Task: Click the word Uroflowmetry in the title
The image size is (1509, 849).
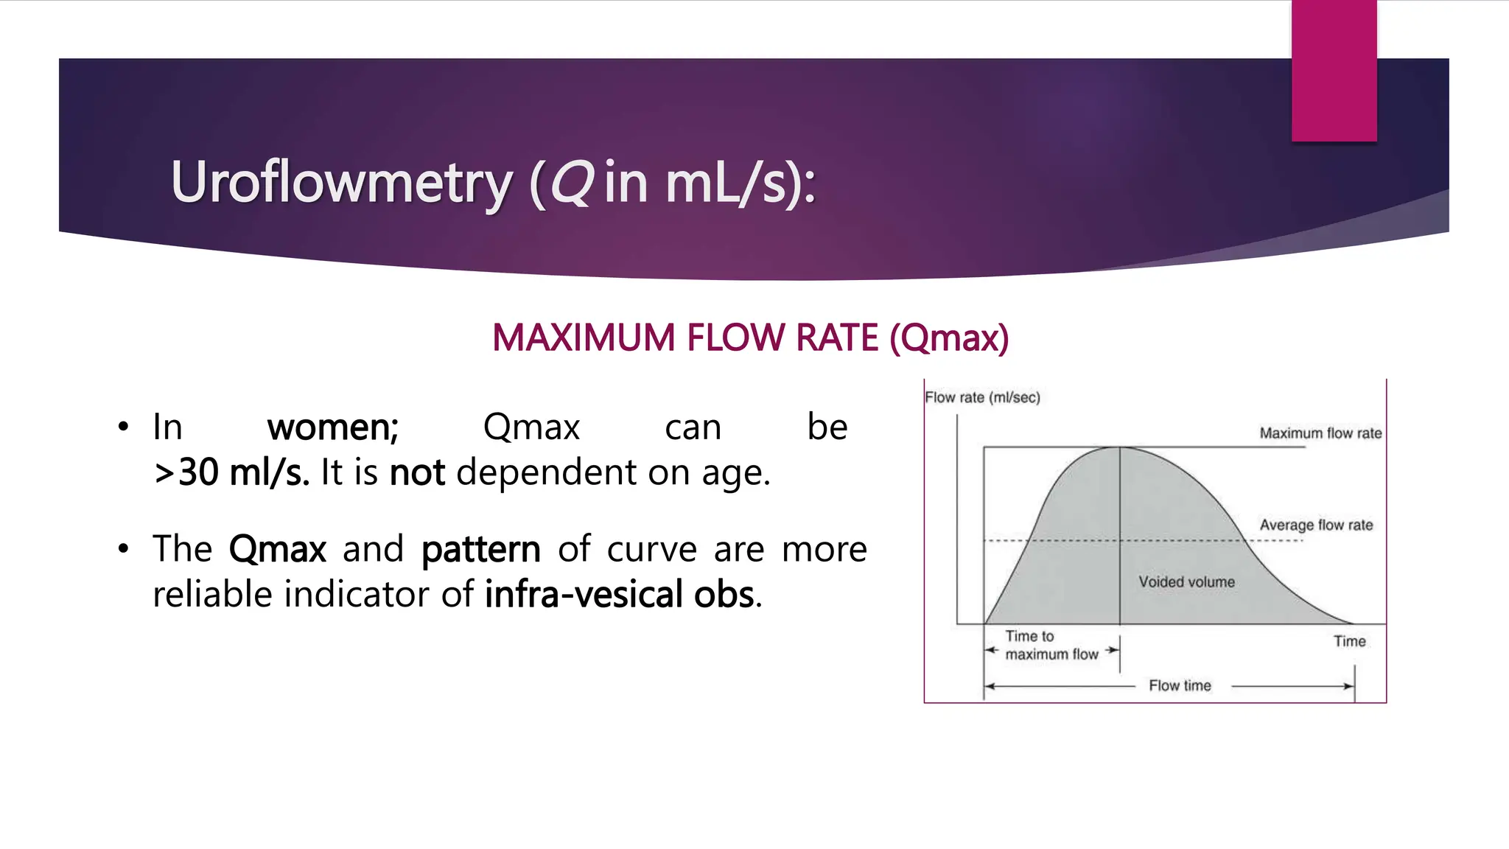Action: [341, 182]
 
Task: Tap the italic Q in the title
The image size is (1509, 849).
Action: [571, 182]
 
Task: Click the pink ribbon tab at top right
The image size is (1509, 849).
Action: [1334, 70]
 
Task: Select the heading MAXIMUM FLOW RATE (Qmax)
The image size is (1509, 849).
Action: [750, 338]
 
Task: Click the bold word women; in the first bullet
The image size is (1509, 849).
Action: [332, 427]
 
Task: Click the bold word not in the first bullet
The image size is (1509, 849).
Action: [417, 472]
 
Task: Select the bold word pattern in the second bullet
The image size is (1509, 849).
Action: [480, 550]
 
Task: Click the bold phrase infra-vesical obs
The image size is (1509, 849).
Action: [620, 595]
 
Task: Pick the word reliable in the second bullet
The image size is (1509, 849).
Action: [213, 595]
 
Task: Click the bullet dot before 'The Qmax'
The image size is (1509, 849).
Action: [123, 549]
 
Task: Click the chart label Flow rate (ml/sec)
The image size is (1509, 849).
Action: [982, 397]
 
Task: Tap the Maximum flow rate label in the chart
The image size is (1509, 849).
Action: [1320, 433]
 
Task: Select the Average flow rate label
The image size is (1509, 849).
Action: [1316, 525]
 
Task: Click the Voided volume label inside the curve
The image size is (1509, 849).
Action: [1186, 581]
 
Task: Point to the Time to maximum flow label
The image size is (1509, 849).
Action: [1051, 645]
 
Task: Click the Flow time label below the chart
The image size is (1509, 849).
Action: [1180, 685]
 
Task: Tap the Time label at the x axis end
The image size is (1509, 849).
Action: [1349, 641]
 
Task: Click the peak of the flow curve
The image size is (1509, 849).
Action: [1120, 447]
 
